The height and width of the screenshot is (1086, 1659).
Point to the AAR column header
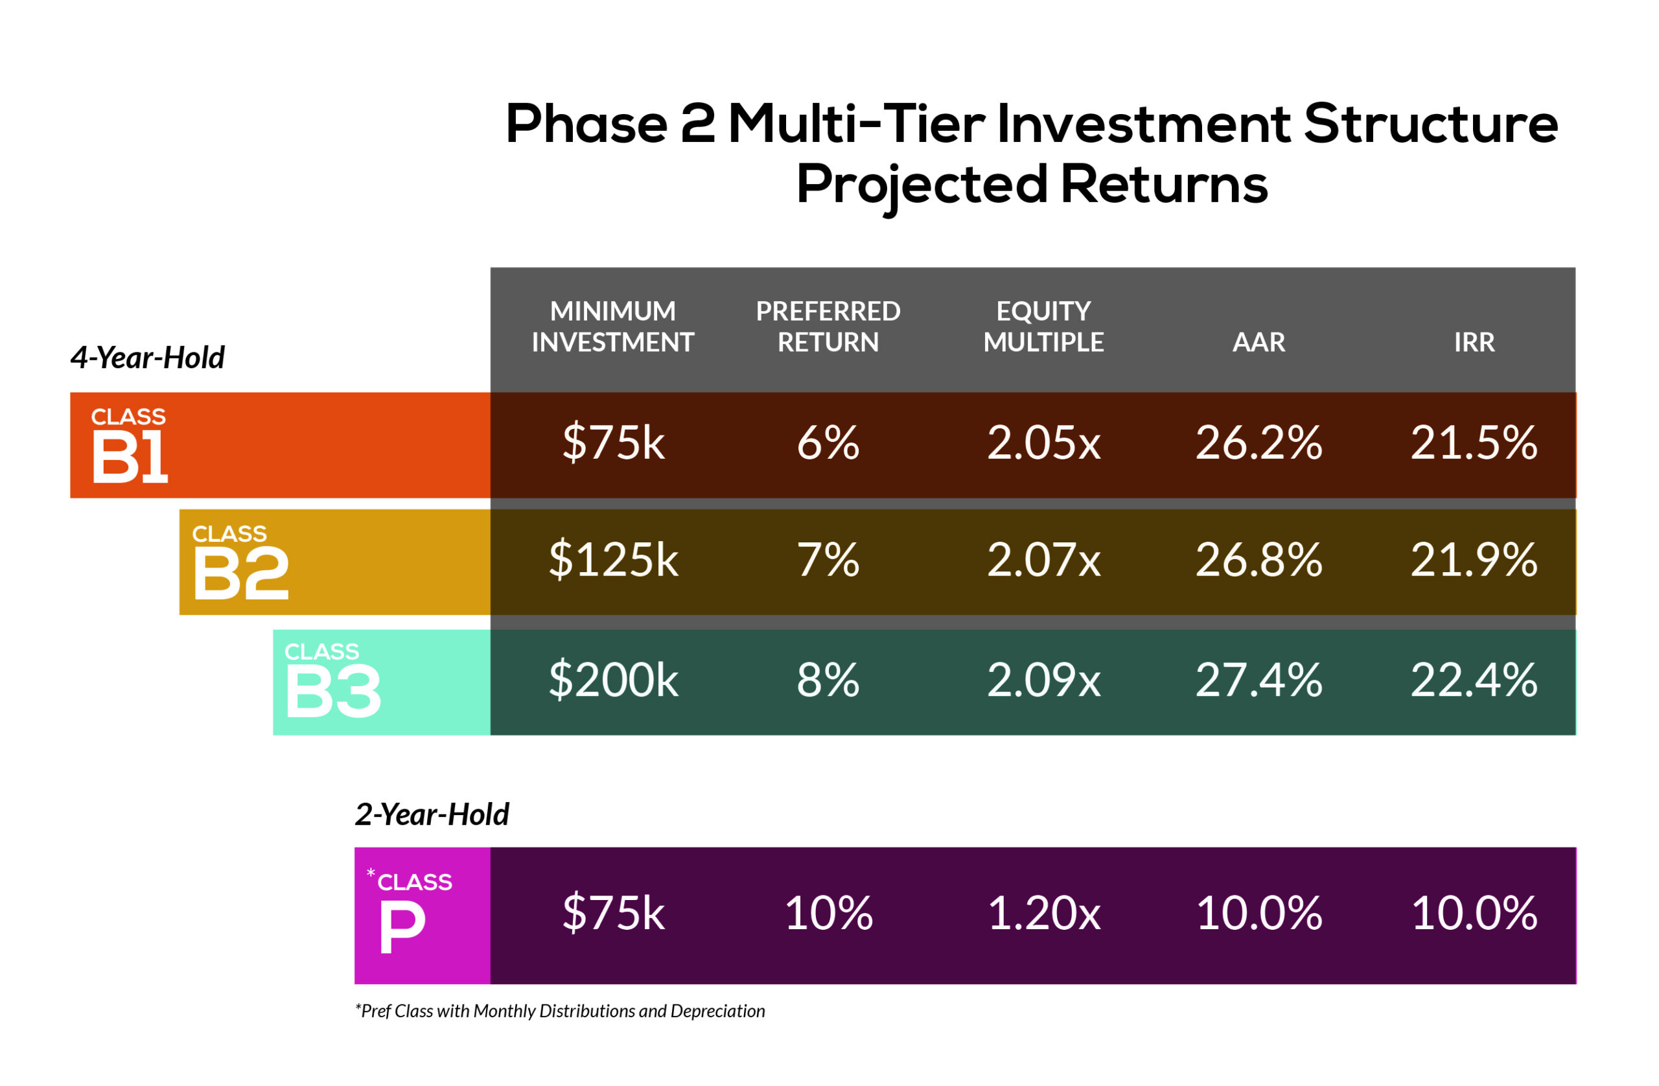coord(1259,342)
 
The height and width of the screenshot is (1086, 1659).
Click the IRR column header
coord(1474,342)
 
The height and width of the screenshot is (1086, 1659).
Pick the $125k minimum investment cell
coord(614,560)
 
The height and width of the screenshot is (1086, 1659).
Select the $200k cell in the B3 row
coord(614,680)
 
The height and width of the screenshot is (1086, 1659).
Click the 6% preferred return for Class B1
coord(828,443)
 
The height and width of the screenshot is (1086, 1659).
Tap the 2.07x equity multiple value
coord(1043,560)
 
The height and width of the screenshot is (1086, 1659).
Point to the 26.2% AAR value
coord(1259,443)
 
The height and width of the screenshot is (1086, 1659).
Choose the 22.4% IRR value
coord(1474,680)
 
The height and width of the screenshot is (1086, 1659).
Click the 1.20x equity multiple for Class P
coord(1044,913)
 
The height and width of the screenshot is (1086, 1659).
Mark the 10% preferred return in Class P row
coord(829,913)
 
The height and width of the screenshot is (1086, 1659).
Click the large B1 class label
coord(130,457)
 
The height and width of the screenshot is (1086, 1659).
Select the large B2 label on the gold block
coord(240,573)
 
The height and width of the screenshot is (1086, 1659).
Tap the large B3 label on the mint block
coord(333,692)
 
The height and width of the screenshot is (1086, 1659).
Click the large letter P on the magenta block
coord(402,927)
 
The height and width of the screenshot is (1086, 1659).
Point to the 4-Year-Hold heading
coord(147,358)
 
